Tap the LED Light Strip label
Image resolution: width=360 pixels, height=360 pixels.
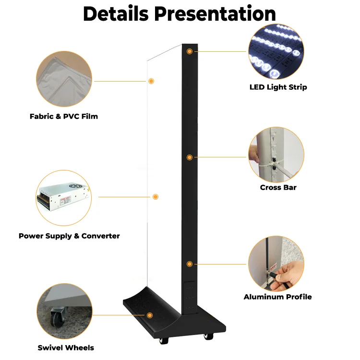(278, 87)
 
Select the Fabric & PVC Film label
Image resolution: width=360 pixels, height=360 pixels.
(64, 116)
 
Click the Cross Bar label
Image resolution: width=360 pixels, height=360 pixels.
(278, 187)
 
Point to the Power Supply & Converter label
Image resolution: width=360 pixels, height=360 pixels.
(69, 236)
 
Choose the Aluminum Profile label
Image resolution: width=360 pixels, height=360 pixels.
(277, 297)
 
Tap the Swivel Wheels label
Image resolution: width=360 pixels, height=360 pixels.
(66, 348)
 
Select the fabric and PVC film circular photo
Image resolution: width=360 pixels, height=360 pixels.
(64, 80)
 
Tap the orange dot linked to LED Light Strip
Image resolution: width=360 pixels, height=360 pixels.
(190, 50)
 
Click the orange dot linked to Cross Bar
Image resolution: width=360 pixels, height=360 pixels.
(190, 157)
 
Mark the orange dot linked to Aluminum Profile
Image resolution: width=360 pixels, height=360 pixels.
(190, 264)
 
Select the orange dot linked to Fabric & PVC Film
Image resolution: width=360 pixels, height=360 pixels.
(151, 81)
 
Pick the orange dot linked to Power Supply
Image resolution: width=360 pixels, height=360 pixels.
(155, 197)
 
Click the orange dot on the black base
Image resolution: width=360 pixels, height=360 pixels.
(150, 315)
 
